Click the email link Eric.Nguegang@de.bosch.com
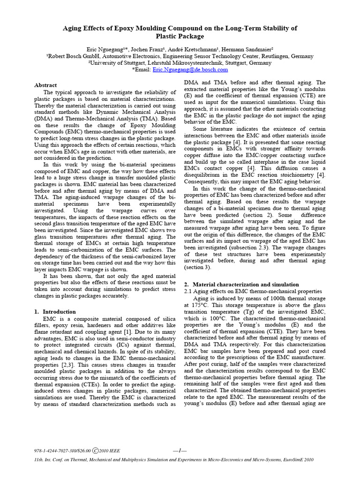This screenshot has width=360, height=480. [x=200, y=69]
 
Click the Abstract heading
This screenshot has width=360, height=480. [x=45, y=85]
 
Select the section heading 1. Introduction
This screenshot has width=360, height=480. [x=55, y=311]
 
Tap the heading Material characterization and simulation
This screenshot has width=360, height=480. [x=246, y=284]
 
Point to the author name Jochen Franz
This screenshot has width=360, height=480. [x=143, y=49]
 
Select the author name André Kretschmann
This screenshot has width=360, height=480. [x=191, y=49]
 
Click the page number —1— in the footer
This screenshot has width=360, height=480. [x=180, y=450]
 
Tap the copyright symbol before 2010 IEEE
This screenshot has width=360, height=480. [x=95, y=450]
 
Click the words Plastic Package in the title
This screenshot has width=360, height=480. [x=180, y=36]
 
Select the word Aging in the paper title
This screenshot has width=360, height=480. [x=72, y=28]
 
